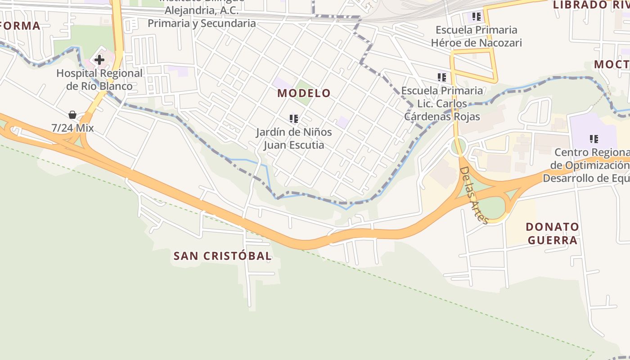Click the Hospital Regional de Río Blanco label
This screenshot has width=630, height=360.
coord(99,80)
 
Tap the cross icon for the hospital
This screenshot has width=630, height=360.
coord(99,59)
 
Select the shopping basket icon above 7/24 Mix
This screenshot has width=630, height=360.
coord(72,115)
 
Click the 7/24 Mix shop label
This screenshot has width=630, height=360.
coord(72,128)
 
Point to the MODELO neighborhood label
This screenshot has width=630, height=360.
coord(304,93)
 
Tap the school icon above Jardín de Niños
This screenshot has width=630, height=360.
coord(294,119)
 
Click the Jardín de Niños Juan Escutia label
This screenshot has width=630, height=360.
coord(294,139)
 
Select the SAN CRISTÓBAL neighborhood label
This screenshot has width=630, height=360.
coord(223,256)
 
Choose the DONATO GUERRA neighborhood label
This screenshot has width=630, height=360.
coord(553,233)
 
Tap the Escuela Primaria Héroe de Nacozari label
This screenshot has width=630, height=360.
coord(477,36)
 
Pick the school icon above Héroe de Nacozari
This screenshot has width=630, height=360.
coord(477,17)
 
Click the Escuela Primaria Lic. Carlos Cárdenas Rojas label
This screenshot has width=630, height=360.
coord(442,104)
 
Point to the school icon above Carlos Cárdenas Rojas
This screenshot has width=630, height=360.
coord(442,77)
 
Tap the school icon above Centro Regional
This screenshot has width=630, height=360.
coord(594,139)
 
